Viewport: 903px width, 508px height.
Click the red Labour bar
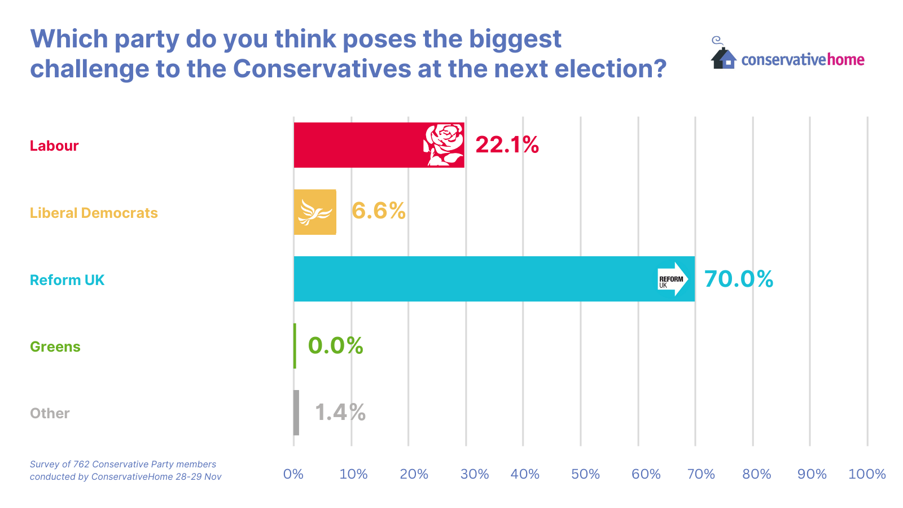point(361,145)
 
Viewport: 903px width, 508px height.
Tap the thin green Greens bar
point(295,345)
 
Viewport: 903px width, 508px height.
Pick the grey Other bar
point(296,413)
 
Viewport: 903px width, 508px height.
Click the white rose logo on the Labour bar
point(444,145)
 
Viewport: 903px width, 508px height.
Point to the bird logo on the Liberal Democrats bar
point(315,212)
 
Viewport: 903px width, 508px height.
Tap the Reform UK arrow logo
point(673,279)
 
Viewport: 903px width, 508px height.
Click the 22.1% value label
point(507,145)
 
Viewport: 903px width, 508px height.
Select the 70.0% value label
point(738,279)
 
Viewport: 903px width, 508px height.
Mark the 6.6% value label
point(378,211)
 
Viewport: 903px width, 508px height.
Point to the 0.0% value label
point(335,345)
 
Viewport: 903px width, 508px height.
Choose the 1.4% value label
point(340,413)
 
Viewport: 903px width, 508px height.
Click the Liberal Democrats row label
point(94,213)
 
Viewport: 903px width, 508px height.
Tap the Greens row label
point(55,347)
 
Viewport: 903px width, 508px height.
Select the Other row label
point(50,413)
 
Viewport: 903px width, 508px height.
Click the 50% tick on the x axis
point(585,474)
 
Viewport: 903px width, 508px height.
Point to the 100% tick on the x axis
point(867,474)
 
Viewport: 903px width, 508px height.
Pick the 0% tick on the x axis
point(293,474)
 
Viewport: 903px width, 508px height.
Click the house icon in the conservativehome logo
point(724,58)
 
